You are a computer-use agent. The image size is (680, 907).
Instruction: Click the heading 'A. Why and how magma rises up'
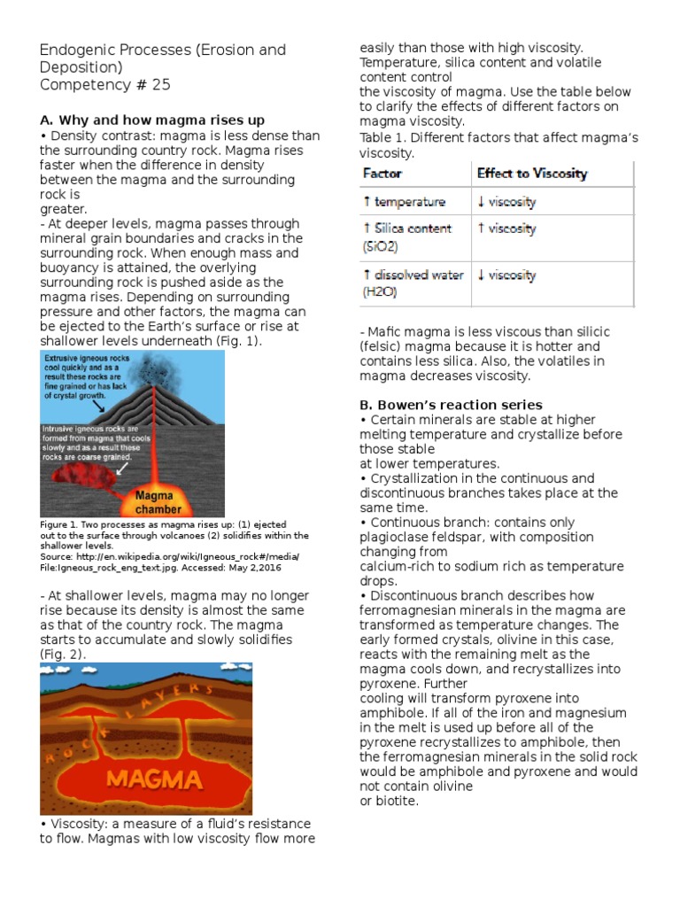152,120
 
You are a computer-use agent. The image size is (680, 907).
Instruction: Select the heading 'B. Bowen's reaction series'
451,405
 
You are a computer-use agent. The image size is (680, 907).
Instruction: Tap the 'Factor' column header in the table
382,174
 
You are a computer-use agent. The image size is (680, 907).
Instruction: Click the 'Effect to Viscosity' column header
531,174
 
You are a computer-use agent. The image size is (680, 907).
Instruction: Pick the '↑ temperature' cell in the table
404,202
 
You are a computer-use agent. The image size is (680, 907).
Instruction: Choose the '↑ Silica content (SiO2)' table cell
407,236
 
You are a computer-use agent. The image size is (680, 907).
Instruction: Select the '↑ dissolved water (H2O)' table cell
413,283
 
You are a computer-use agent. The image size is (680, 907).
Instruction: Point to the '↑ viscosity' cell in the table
506,229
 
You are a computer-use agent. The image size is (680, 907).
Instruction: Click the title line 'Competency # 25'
104,85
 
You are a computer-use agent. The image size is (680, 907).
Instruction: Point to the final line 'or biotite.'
389,801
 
